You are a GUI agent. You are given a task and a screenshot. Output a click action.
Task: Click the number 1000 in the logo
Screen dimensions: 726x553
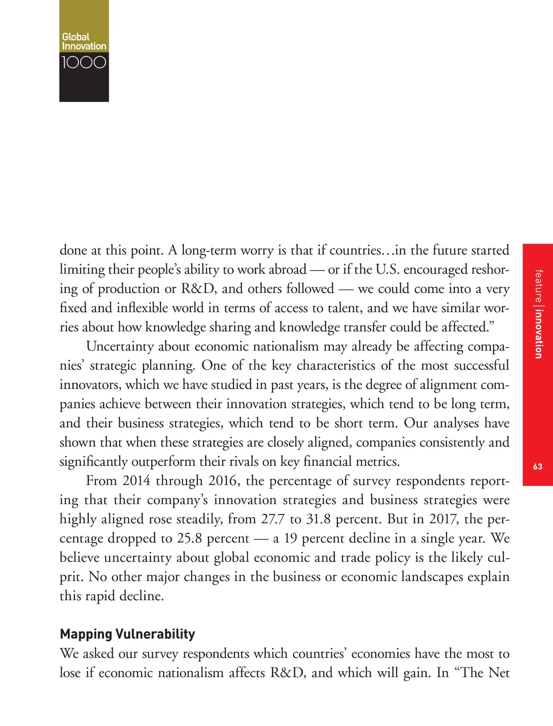84,62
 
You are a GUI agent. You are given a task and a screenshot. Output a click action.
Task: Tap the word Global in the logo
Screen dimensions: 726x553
76,36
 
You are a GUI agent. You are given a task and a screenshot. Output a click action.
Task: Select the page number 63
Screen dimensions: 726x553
537,466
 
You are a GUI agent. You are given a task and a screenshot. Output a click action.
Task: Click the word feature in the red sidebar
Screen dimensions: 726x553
538,286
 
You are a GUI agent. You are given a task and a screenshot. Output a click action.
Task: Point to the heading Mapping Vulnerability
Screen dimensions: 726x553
128,634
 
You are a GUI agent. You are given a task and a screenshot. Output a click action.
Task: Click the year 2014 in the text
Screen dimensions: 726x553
136,481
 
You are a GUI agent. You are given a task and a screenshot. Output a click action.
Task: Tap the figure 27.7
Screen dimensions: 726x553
273,519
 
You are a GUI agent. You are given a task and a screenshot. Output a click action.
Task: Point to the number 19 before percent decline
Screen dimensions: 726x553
290,538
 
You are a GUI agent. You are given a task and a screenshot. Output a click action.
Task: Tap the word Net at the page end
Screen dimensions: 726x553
499,673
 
